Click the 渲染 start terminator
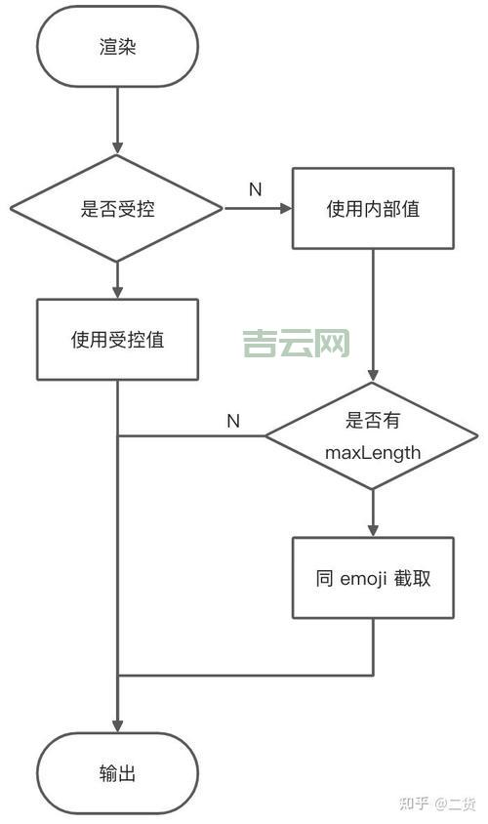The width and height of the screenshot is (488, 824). tap(117, 46)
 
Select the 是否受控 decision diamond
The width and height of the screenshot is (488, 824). tap(117, 208)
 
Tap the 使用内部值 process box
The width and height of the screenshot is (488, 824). tap(373, 208)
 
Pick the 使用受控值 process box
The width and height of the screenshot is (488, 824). tap(117, 340)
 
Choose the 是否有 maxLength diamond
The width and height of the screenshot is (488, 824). tap(373, 435)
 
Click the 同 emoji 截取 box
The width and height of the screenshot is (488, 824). tap(373, 577)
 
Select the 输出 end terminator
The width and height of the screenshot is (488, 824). tap(117, 773)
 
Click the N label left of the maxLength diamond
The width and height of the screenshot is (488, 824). tap(233, 421)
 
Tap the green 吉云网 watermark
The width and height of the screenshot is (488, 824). tap(296, 343)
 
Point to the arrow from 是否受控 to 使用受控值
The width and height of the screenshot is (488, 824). tap(117, 280)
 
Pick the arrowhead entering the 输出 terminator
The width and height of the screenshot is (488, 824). tap(117, 724)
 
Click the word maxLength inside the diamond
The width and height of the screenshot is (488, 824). tap(373, 452)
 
